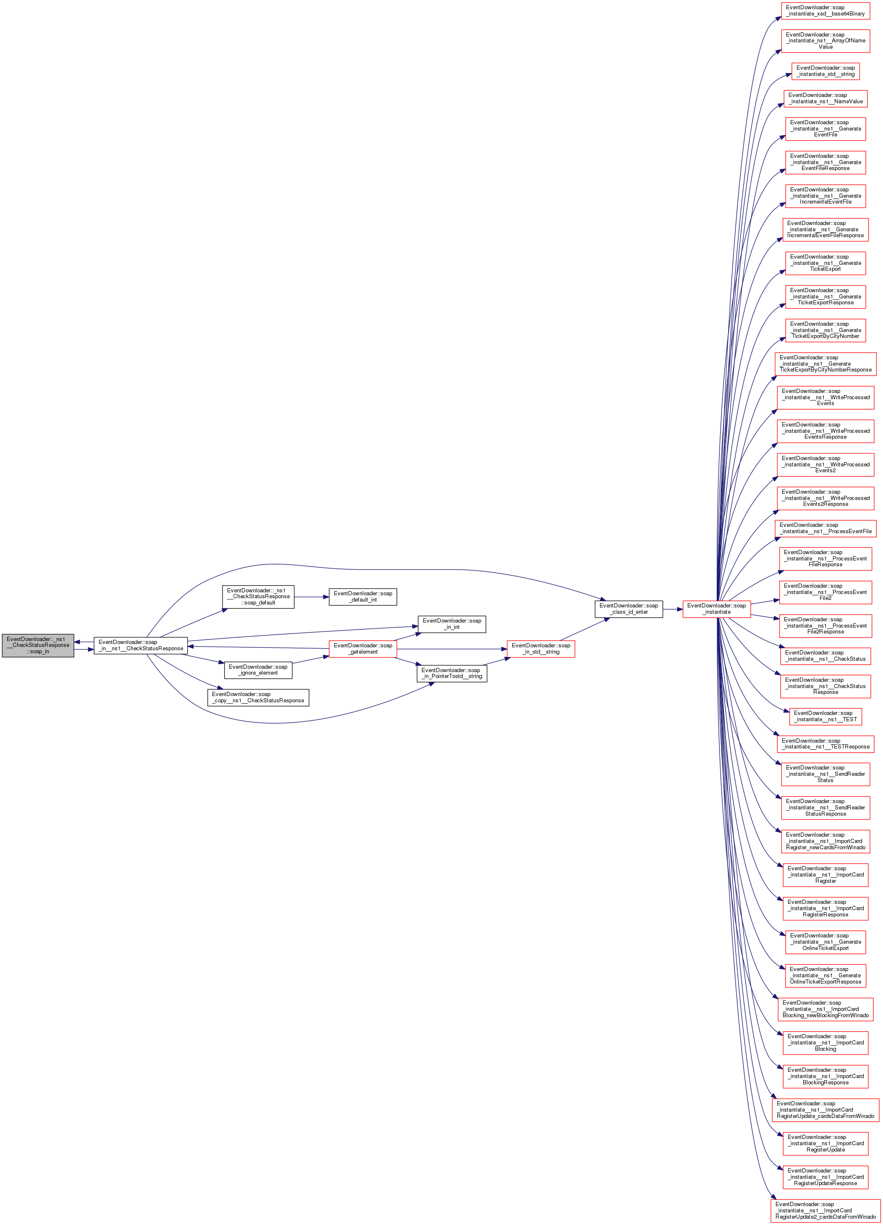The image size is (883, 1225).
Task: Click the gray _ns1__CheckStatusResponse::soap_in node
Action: tap(38, 645)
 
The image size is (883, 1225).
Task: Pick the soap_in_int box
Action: tap(451, 624)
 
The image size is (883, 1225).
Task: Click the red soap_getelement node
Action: tap(363, 649)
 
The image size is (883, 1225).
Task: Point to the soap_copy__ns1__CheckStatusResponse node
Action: tap(258, 697)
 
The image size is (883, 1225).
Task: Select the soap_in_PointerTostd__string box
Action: tap(451, 673)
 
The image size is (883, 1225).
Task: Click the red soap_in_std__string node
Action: tap(541, 649)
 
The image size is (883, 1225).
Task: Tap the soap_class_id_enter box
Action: tap(629, 609)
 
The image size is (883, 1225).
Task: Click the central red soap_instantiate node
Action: tap(716, 609)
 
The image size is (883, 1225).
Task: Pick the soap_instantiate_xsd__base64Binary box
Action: tap(825, 11)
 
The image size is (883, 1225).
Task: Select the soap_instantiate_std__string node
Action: tap(825, 71)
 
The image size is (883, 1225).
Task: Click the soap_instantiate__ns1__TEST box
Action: tap(825, 716)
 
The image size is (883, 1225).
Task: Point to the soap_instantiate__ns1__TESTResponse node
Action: tap(825, 744)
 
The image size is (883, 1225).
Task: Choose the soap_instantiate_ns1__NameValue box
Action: tap(825, 98)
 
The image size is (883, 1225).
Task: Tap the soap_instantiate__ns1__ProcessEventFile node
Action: tap(825, 528)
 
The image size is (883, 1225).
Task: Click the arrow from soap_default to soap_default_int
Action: tap(312, 597)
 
